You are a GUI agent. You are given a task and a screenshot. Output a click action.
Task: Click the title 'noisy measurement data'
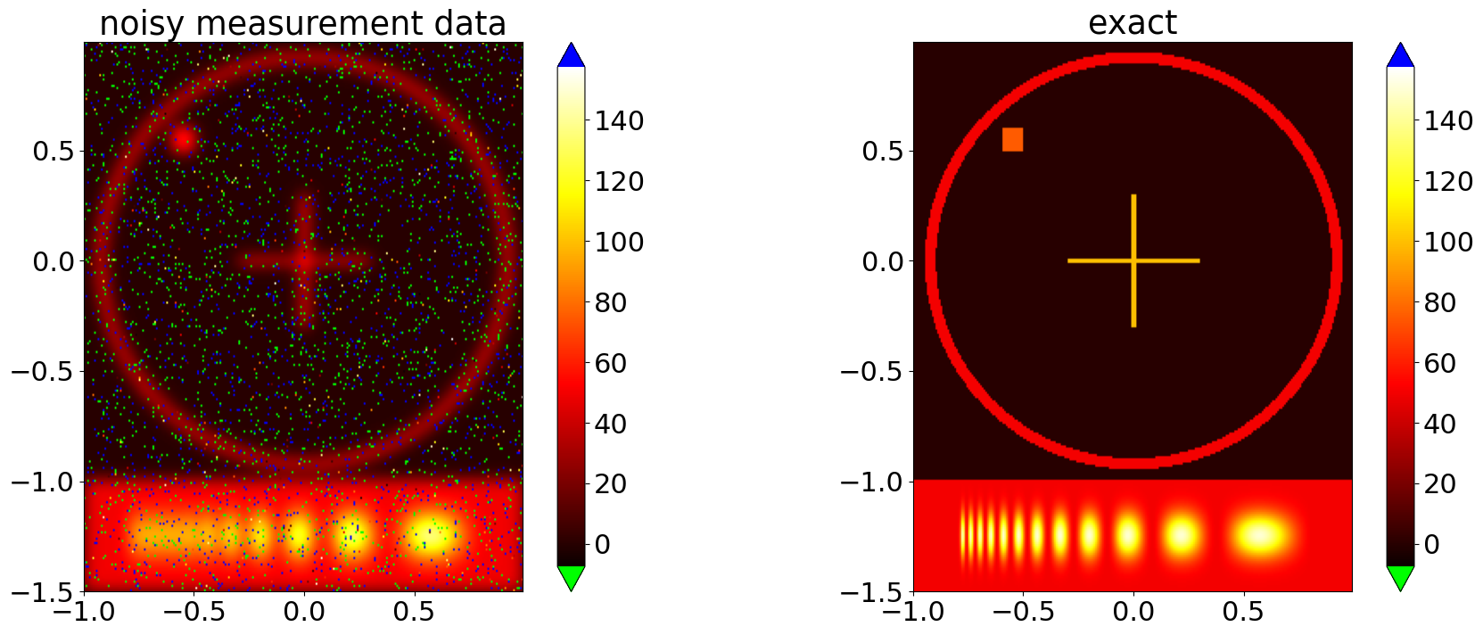302,23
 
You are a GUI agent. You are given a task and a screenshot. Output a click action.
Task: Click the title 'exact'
1132,22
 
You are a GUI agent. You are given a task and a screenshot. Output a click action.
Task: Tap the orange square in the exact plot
1012,139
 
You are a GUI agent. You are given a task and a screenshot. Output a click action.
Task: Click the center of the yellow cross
1133,260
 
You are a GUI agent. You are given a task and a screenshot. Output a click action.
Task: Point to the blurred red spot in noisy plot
184,140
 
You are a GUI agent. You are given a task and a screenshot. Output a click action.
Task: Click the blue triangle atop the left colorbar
571,55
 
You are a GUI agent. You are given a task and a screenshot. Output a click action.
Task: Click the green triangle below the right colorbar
1400,578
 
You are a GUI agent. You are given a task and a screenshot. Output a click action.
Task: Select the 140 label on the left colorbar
619,120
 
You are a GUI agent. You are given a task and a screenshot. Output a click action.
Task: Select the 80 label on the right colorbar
1439,302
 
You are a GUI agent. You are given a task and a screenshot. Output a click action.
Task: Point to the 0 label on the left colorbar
602,544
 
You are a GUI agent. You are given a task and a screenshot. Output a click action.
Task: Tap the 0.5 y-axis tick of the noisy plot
53,151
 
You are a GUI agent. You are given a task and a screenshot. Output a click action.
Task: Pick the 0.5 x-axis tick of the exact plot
1243,612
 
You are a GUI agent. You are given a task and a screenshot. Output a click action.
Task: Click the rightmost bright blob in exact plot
1259,535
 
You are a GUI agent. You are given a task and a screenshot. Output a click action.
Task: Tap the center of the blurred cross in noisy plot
304,260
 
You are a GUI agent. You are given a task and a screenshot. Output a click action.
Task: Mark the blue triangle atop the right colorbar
1400,55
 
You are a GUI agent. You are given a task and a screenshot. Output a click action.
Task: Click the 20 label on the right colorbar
1439,483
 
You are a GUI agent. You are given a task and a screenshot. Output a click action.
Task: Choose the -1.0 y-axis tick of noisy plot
45,482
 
